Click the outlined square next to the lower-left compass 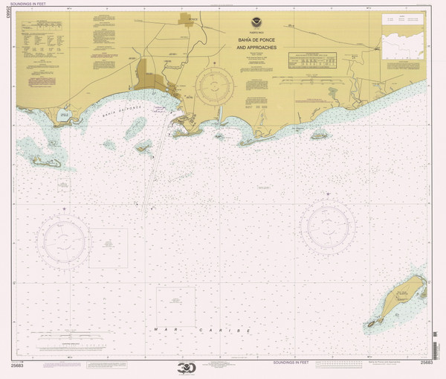click(109, 249)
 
